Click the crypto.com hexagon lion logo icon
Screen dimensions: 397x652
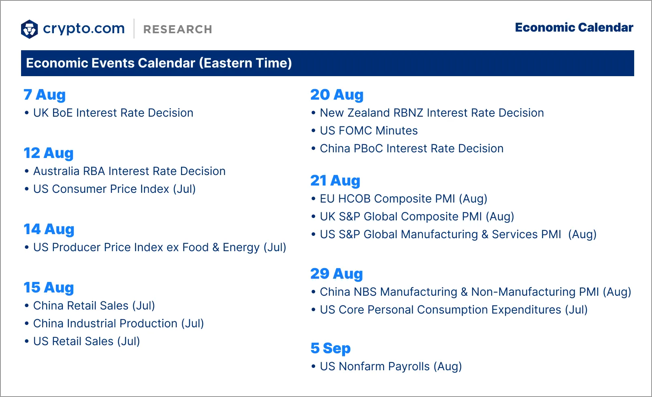[x=30, y=29]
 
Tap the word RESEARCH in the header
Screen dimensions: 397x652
[x=177, y=29]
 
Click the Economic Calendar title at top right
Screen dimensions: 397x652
[x=574, y=28]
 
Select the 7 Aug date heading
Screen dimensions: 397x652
[x=45, y=95]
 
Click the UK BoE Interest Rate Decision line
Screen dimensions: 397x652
[x=113, y=113]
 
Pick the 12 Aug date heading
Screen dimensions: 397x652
[x=49, y=153]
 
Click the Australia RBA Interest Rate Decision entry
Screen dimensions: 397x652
[x=129, y=171]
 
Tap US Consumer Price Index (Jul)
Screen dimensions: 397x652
[x=114, y=189]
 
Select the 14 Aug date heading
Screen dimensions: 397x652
[x=49, y=229]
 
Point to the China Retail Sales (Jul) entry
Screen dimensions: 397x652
[x=94, y=306]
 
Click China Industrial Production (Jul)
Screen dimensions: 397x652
[x=118, y=324]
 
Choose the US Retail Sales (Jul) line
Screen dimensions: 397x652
[x=86, y=342]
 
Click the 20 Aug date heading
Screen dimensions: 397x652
[x=337, y=95]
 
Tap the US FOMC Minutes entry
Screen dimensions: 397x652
[x=369, y=131]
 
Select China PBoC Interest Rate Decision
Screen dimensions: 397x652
[x=411, y=149]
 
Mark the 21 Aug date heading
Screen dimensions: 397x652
[x=335, y=181]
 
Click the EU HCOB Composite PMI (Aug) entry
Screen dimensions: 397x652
[x=403, y=199]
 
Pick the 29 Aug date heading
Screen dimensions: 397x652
[x=337, y=274]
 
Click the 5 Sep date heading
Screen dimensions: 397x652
[x=330, y=348]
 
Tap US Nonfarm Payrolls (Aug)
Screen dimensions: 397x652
[x=391, y=367]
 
